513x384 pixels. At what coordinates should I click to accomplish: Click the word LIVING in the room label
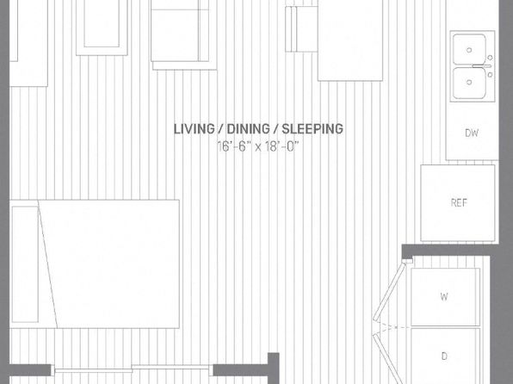194,129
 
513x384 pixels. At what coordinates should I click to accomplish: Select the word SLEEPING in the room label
312,129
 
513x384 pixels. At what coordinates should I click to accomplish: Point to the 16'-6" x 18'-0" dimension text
258,146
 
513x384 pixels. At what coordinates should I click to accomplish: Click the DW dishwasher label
472,133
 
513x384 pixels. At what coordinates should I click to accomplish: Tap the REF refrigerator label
459,202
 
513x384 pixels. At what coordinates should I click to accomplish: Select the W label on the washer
444,296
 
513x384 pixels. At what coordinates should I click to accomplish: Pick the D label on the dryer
444,356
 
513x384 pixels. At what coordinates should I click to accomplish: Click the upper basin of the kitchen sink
469,49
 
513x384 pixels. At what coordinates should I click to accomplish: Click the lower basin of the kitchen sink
469,83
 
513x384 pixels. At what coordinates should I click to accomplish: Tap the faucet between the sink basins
482,66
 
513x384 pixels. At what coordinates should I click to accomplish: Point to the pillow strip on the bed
25,263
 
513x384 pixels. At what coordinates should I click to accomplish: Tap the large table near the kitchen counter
350,40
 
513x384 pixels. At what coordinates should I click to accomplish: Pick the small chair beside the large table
301,28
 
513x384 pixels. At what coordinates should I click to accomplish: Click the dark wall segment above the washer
450,250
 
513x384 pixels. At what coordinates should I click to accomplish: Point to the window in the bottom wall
133,370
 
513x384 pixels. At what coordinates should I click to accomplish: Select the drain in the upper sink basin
469,50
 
